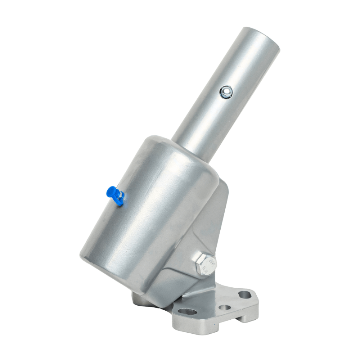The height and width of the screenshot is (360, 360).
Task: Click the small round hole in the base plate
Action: point(225,308)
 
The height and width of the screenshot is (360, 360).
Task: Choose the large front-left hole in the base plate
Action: point(187,312)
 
